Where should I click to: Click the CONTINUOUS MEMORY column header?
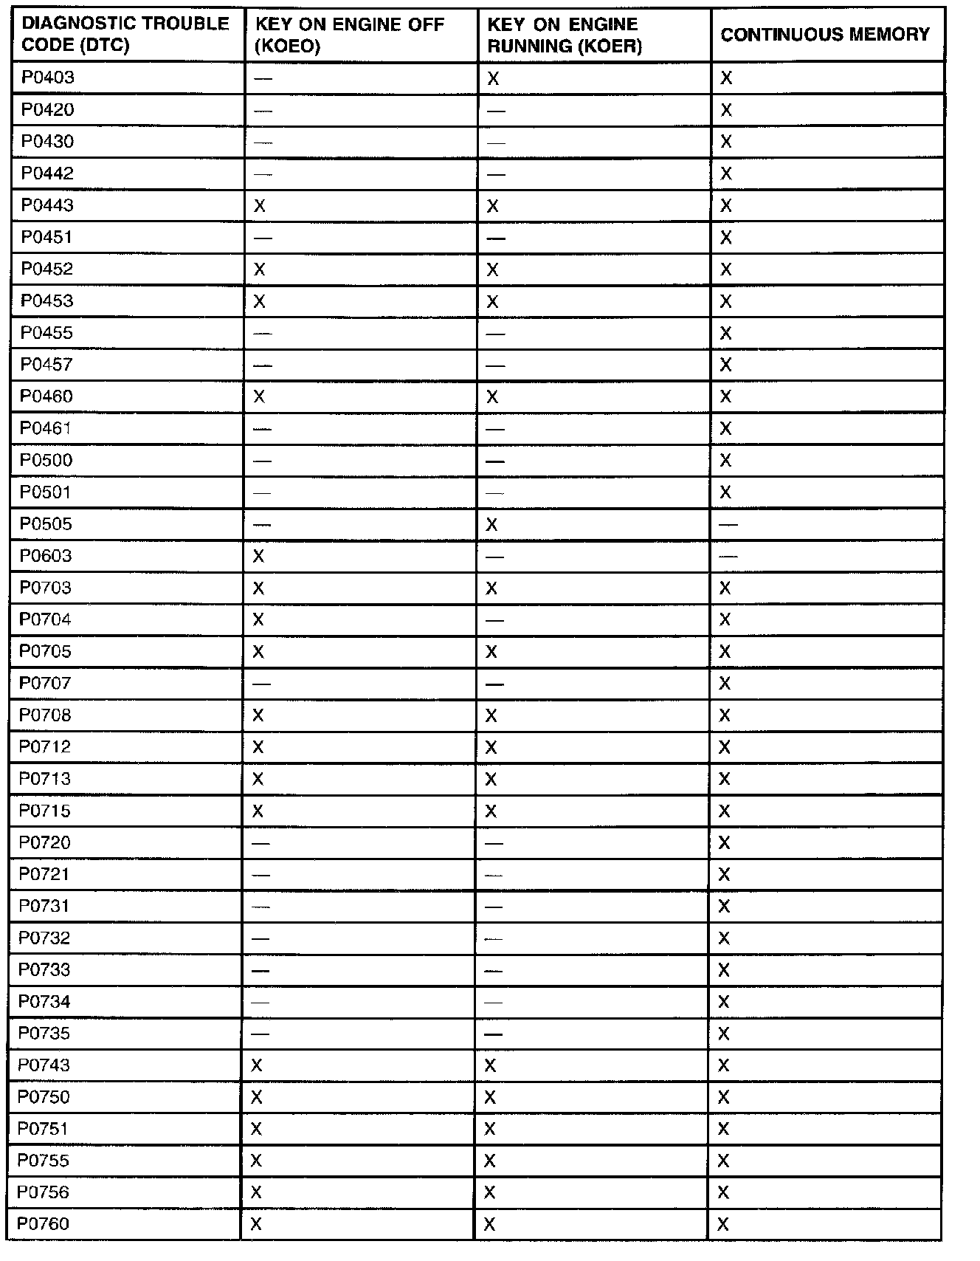pyautogui.click(x=825, y=35)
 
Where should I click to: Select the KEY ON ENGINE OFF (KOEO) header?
pyautogui.click(x=350, y=35)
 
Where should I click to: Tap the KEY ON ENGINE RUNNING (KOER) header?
pyautogui.click(x=565, y=35)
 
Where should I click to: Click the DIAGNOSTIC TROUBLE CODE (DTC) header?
pyautogui.click(x=125, y=35)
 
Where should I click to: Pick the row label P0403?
pyautogui.click(x=48, y=78)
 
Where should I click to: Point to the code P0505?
pyautogui.click(x=46, y=524)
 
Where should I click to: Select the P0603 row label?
pyautogui.click(x=46, y=556)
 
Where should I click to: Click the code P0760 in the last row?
pyautogui.click(x=44, y=1224)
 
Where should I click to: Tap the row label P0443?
pyautogui.click(x=47, y=205)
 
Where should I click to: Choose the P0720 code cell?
pyautogui.click(x=45, y=842)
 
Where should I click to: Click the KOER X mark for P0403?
pyautogui.click(x=493, y=78)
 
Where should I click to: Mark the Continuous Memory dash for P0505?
pyautogui.click(x=728, y=524)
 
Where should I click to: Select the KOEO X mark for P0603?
pyautogui.click(x=258, y=556)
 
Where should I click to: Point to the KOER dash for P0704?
pyautogui.click(x=494, y=620)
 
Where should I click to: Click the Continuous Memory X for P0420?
pyautogui.click(x=726, y=110)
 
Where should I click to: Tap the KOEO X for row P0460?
pyautogui.click(x=259, y=396)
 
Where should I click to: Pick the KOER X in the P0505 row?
pyautogui.click(x=492, y=524)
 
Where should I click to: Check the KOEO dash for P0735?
pyautogui.click(x=260, y=1034)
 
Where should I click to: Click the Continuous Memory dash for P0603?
pyautogui.click(x=728, y=556)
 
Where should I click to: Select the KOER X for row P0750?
pyautogui.click(x=490, y=1097)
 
